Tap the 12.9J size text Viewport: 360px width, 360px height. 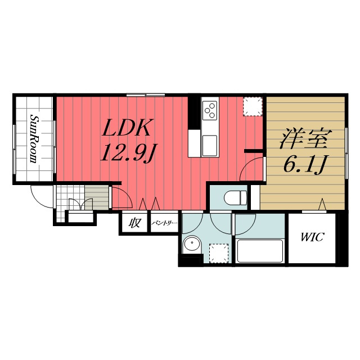coord(127,152)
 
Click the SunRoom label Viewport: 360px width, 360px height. coord(34,139)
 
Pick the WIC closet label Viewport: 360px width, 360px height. coord(312,237)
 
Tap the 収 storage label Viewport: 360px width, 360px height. coord(134,223)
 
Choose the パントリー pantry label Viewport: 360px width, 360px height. coord(164,223)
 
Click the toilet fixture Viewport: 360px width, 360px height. coord(235,197)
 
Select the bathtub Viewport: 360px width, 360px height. coord(260,251)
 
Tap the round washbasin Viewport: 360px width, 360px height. coord(192,244)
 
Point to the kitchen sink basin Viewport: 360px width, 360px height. coord(210,146)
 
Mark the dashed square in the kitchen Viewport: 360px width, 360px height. coord(253,106)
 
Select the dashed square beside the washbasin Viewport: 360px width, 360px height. coord(219,253)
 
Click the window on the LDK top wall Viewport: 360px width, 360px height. coord(146,95)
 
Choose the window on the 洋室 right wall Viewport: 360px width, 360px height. coord(346,153)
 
